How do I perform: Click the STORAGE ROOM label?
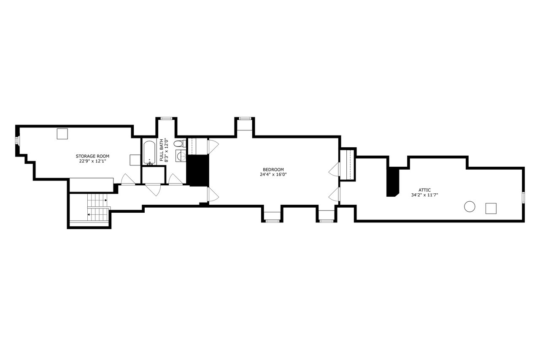coord(92,156)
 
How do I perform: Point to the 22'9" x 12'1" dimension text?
coord(92,161)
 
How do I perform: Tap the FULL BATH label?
coord(161,150)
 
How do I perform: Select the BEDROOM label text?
coord(273,170)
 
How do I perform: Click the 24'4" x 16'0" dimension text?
coord(273,175)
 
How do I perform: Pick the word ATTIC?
coord(424,190)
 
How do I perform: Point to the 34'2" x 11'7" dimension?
coord(424,195)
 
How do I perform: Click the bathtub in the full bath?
coord(149,153)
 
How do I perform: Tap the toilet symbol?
coord(180,144)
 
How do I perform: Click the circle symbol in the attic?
coord(470,207)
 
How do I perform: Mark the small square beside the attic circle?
coord(491,208)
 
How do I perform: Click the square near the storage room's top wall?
coord(62,134)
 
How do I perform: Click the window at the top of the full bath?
coord(166,119)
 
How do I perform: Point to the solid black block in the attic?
coord(392,181)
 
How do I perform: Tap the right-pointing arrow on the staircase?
coord(106,200)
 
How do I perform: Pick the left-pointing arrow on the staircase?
coord(89,214)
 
